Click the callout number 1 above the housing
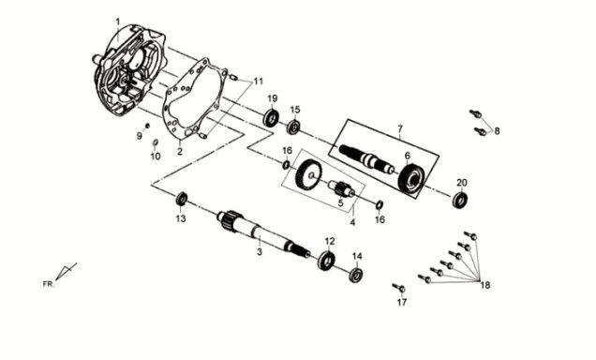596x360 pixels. click(118, 22)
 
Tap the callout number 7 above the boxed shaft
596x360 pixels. click(400, 129)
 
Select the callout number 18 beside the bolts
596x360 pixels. click(485, 285)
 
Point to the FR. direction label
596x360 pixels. click(49, 283)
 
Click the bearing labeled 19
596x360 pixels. click(272, 118)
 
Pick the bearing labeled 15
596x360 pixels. click(293, 127)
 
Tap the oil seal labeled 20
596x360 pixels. click(460, 200)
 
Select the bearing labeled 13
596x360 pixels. click(182, 199)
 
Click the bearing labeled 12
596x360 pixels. click(326, 261)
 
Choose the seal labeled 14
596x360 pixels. click(356, 276)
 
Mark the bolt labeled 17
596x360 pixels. click(399, 288)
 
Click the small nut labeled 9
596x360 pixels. click(147, 126)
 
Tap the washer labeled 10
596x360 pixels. click(155, 142)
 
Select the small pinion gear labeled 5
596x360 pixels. click(341, 187)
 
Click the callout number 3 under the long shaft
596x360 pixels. click(260, 251)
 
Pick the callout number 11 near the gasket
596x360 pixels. click(259, 82)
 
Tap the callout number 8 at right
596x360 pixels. click(497, 131)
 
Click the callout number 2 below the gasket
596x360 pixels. click(180, 151)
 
